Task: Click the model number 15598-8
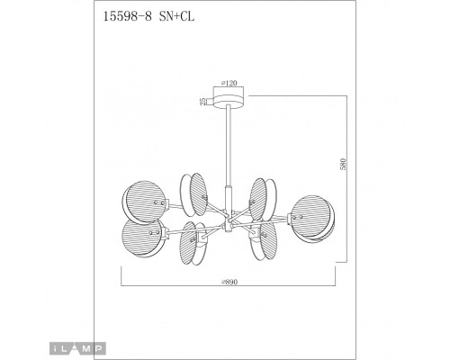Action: [127, 16]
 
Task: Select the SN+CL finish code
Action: [176, 16]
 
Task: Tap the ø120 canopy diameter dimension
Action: [229, 83]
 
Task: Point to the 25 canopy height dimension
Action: [203, 102]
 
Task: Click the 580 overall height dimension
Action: [343, 164]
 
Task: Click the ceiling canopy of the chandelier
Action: [229, 100]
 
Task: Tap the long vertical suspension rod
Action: [229, 146]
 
